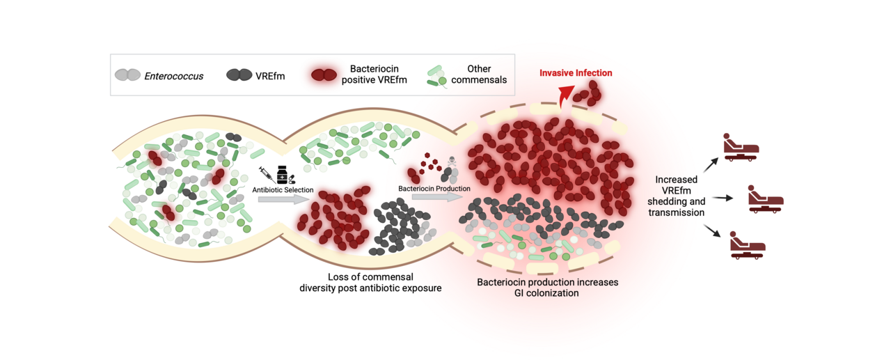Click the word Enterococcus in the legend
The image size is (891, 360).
(x=173, y=75)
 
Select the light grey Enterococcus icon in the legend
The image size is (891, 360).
(x=126, y=75)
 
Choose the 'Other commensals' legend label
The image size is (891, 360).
(x=479, y=75)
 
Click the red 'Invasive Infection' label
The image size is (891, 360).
(x=576, y=73)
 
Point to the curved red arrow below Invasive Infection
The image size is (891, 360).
(x=565, y=95)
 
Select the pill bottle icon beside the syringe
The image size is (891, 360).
(x=282, y=175)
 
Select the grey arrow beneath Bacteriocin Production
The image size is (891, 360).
(x=437, y=197)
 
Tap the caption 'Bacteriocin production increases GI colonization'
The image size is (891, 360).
(x=547, y=288)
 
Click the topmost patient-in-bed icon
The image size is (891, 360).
(x=740, y=147)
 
